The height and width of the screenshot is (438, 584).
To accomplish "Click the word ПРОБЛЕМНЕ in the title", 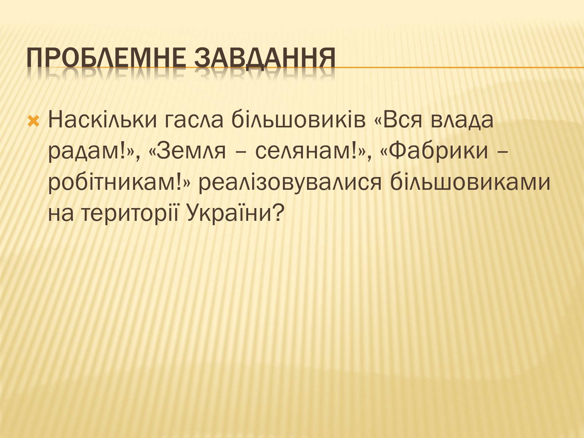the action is click(x=106, y=57).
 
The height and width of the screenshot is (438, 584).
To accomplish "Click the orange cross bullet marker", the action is click(x=34, y=121).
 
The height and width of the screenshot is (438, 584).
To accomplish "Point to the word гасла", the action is click(x=194, y=120).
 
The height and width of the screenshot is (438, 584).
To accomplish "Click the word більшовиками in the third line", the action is click(x=470, y=182).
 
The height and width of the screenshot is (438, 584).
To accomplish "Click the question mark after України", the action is click(x=277, y=213).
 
